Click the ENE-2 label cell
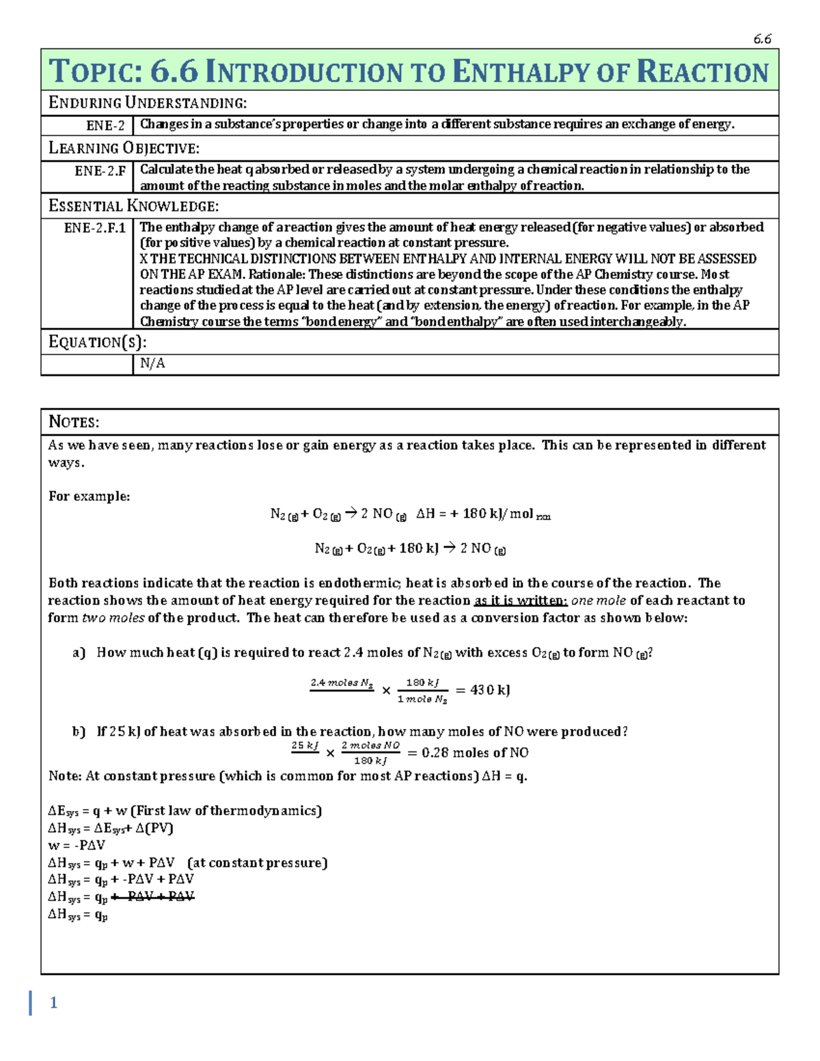(x=105, y=126)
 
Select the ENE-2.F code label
(x=100, y=171)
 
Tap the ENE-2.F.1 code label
(x=94, y=228)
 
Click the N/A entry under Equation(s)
(x=152, y=363)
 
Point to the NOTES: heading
(x=74, y=422)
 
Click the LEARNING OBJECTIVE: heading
(x=124, y=148)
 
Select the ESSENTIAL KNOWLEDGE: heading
(x=133, y=206)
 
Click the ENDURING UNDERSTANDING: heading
(x=147, y=103)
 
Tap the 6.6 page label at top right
(x=762, y=39)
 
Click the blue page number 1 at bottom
(x=53, y=1003)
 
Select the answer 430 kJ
(x=490, y=690)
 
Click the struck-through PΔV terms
(x=153, y=896)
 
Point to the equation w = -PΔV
(x=77, y=845)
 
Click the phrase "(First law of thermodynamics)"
(x=226, y=811)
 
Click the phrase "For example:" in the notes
(x=89, y=497)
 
